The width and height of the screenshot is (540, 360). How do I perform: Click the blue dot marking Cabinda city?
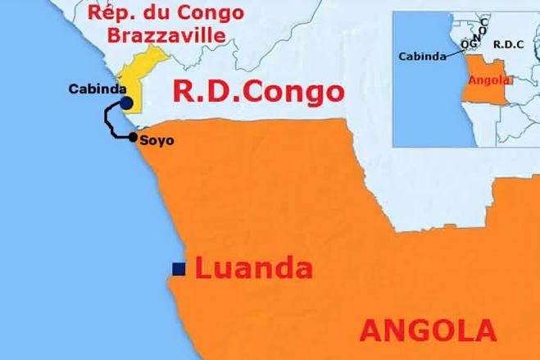[x=126, y=102]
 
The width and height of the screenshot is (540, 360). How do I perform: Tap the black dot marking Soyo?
[x=133, y=137]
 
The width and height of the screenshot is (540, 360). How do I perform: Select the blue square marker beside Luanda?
[x=177, y=267]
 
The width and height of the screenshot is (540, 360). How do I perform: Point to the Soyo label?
[x=157, y=140]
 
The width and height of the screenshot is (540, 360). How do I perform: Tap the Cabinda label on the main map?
[x=95, y=89]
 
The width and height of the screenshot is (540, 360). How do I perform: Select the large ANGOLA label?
[x=428, y=330]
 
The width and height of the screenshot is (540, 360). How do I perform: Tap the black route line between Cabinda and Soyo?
[x=107, y=121]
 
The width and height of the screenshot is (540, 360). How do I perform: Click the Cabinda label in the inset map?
[x=423, y=57]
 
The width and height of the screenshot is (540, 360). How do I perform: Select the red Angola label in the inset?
[x=488, y=80]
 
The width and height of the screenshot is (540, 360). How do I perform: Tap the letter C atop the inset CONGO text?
[x=484, y=21]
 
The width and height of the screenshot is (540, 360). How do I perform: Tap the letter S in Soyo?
[x=145, y=140]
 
